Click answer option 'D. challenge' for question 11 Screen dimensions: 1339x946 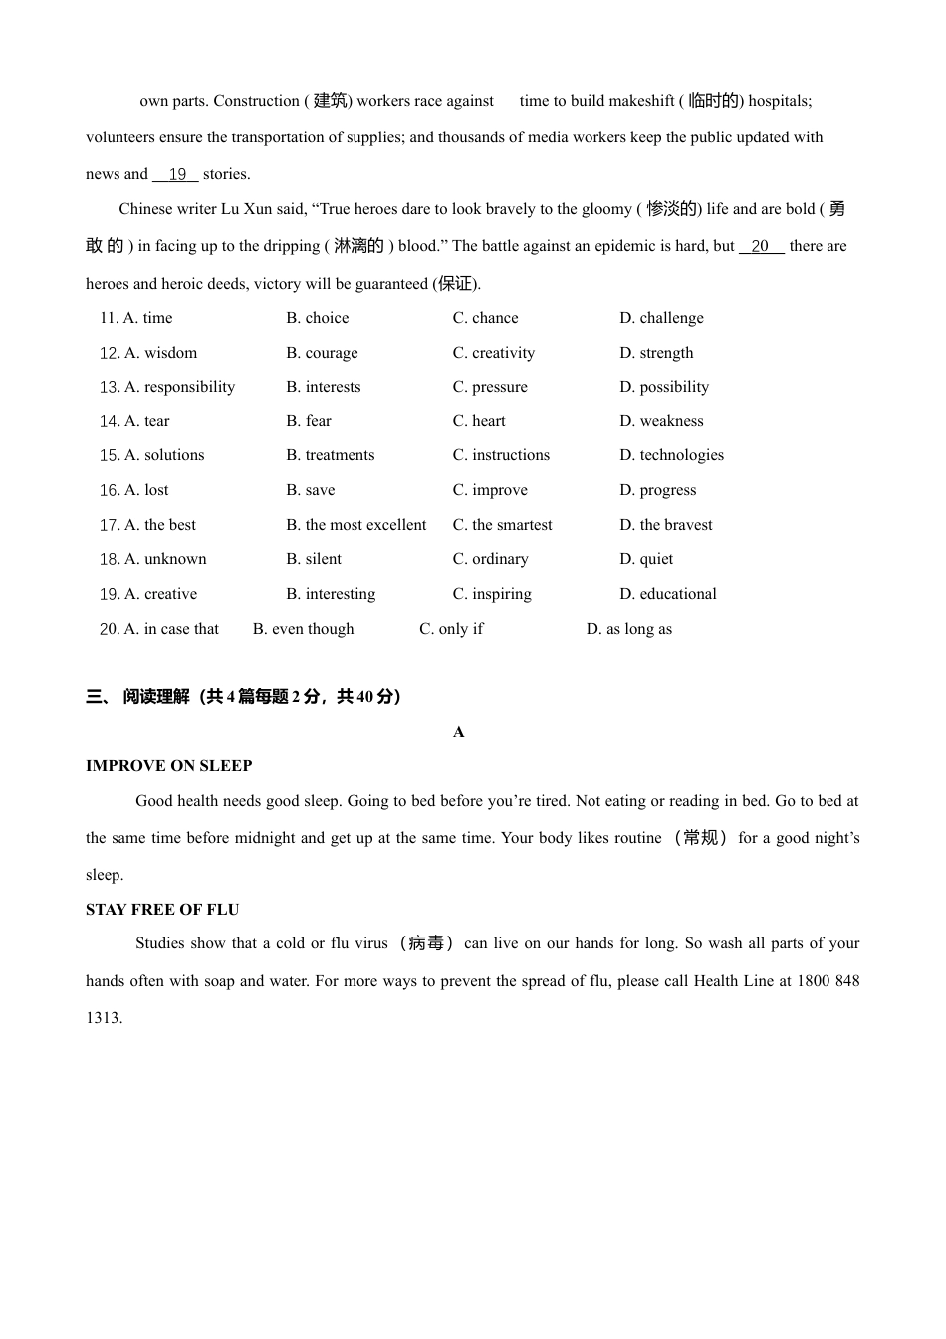[x=661, y=318]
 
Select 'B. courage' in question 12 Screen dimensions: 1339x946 [x=322, y=353]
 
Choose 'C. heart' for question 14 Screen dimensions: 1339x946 [x=479, y=421]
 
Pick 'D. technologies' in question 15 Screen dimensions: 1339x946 [x=671, y=455]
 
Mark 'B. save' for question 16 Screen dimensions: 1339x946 [x=311, y=490]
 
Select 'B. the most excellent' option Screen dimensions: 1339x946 [x=355, y=525]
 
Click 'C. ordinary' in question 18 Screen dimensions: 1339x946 [x=490, y=559]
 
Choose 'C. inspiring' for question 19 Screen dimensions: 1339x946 [x=492, y=594]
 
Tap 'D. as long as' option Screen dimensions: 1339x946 [x=629, y=629]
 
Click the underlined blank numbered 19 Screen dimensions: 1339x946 [x=176, y=175]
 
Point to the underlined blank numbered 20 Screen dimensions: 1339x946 [x=761, y=247]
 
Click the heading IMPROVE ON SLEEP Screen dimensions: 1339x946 [x=169, y=766]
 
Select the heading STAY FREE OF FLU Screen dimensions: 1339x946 [x=162, y=910]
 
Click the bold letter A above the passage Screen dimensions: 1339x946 [x=459, y=732]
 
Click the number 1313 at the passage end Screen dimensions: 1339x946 [x=103, y=1018]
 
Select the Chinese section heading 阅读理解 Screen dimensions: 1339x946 [x=156, y=697]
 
